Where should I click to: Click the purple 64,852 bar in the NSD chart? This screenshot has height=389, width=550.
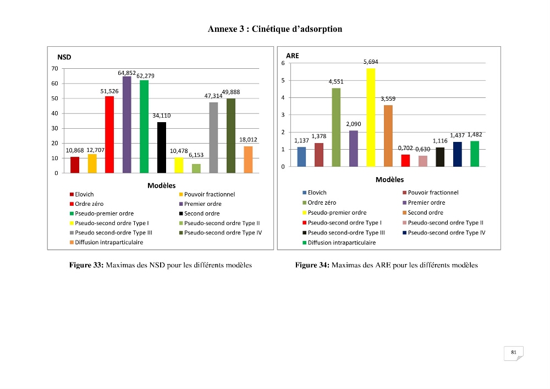pyautogui.click(x=127, y=124)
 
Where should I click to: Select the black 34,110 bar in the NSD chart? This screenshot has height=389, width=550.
pyautogui.click(x=161, y=147)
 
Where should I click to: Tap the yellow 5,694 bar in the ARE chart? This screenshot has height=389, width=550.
pyautogui.click(x=371, y=118)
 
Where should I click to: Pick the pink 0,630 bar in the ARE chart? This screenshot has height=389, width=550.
pyautogui.click(x=422, y=161)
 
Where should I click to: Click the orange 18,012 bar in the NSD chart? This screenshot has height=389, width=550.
pyautogui.click(x=248, y=160)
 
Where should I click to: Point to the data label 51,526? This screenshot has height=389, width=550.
pyautogui.click(x=109, y=91)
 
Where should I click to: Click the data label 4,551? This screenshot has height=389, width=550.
pyautogui.click(x=336, y=81)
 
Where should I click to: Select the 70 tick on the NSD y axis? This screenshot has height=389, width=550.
pyautogui.click(x=54, y=68)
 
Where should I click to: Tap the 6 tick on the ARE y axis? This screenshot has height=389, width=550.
pyautogui.click(x=283, y=63)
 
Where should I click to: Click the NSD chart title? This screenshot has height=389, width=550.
pyautogui.click(x=64, y=57)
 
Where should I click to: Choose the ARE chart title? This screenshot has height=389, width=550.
pyautogui.click(x=293, y=56)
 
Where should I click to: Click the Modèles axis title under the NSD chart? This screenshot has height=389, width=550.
pyautogui.click(x=161, y=185)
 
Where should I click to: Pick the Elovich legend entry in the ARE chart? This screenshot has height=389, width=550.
pyautogui.click(x=315, y=193)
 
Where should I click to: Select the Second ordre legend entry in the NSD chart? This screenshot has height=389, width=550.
pyautogui.click(x=199, y=213)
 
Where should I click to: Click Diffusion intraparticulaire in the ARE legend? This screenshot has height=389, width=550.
pyautogui.click(x=339, y=243)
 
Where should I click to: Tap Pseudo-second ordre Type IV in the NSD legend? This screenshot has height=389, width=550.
pyautogui.click(x=221, y=233)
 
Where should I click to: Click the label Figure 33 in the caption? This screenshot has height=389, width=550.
pyautogui.click(x=86, y=265)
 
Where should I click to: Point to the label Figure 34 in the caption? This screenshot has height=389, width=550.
pyautogui.click(x=312, y=265)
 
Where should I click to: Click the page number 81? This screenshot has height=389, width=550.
pyautogui.click(x=514, y=352)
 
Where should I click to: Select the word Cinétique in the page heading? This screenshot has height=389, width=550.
pyautogui.click(x=270, y=29)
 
